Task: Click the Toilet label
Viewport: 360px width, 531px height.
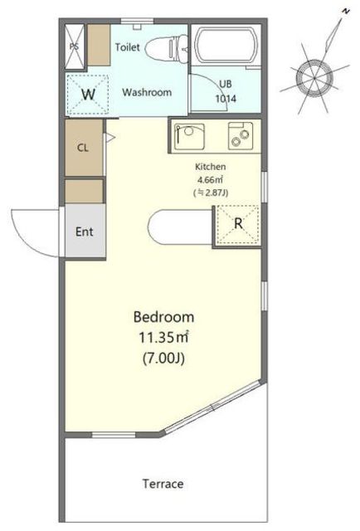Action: tap(128, 47)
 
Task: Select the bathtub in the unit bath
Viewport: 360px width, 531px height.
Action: tap(226, 46)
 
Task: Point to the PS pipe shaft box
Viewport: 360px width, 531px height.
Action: tap(74, 46)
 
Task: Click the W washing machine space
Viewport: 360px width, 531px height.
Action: tap(89, 95)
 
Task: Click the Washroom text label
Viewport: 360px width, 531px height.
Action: tap(147, 92)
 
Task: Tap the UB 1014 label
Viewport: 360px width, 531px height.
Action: tap(226, 91)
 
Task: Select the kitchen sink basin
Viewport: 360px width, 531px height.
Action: tap(189, 136)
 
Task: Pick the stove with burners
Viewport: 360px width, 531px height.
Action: tap(240, 136)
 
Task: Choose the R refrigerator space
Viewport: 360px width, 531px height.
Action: tap(238, 224)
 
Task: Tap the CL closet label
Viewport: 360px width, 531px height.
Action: tap(83, 148)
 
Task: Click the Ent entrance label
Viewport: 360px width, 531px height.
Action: tap(85, 231)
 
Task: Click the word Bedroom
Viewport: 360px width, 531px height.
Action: tap(163, 317)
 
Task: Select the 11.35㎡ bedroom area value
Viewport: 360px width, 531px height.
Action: tap(163, 338)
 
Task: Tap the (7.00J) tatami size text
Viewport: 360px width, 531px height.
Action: tap(163, 358)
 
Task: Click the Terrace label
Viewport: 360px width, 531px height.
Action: tap(163, 484)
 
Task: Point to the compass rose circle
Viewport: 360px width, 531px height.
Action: tap(314, 77)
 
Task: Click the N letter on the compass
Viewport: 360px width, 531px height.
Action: tap(345, 12)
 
